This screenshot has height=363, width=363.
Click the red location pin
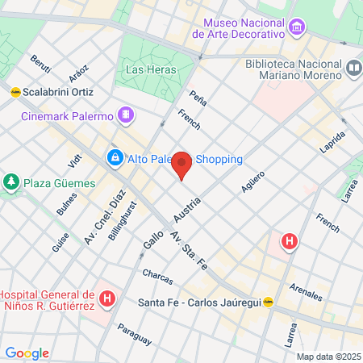(182, 165)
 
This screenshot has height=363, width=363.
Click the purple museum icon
(298, 29)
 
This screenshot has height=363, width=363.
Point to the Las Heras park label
(146, 70)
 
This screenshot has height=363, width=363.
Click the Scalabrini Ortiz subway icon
(15, 92)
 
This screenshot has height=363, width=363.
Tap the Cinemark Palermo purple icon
(124, 116)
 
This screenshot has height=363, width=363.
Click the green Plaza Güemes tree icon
(11, 182)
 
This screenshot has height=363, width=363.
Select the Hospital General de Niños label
(48, 300)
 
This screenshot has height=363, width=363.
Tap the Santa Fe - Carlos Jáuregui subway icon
(268, 302)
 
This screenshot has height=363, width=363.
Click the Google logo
(27, 353)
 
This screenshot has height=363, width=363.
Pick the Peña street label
(198, 99)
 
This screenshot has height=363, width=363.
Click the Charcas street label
(157, 276)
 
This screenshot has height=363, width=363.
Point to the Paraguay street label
(134, 333)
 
